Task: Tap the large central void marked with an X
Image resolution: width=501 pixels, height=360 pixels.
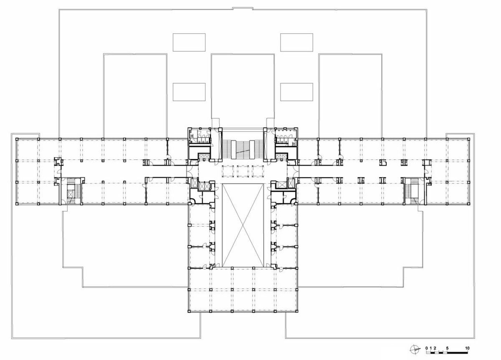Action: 243,225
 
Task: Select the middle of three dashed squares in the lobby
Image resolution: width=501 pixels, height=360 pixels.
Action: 243,171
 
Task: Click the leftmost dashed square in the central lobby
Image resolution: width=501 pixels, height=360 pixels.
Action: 228,171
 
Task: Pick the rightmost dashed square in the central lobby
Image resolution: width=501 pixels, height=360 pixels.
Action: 258,171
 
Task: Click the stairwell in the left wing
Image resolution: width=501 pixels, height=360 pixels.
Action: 72,191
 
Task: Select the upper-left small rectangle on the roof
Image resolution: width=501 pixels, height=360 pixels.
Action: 189,43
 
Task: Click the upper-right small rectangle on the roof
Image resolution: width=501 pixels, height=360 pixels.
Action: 296,43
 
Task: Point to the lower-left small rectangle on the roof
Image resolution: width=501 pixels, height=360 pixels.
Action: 189,92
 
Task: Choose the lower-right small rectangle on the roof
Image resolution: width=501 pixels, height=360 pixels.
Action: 296,92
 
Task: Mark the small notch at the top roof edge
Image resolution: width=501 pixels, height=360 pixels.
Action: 243,8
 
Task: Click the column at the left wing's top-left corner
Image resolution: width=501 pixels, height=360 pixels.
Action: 17,139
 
